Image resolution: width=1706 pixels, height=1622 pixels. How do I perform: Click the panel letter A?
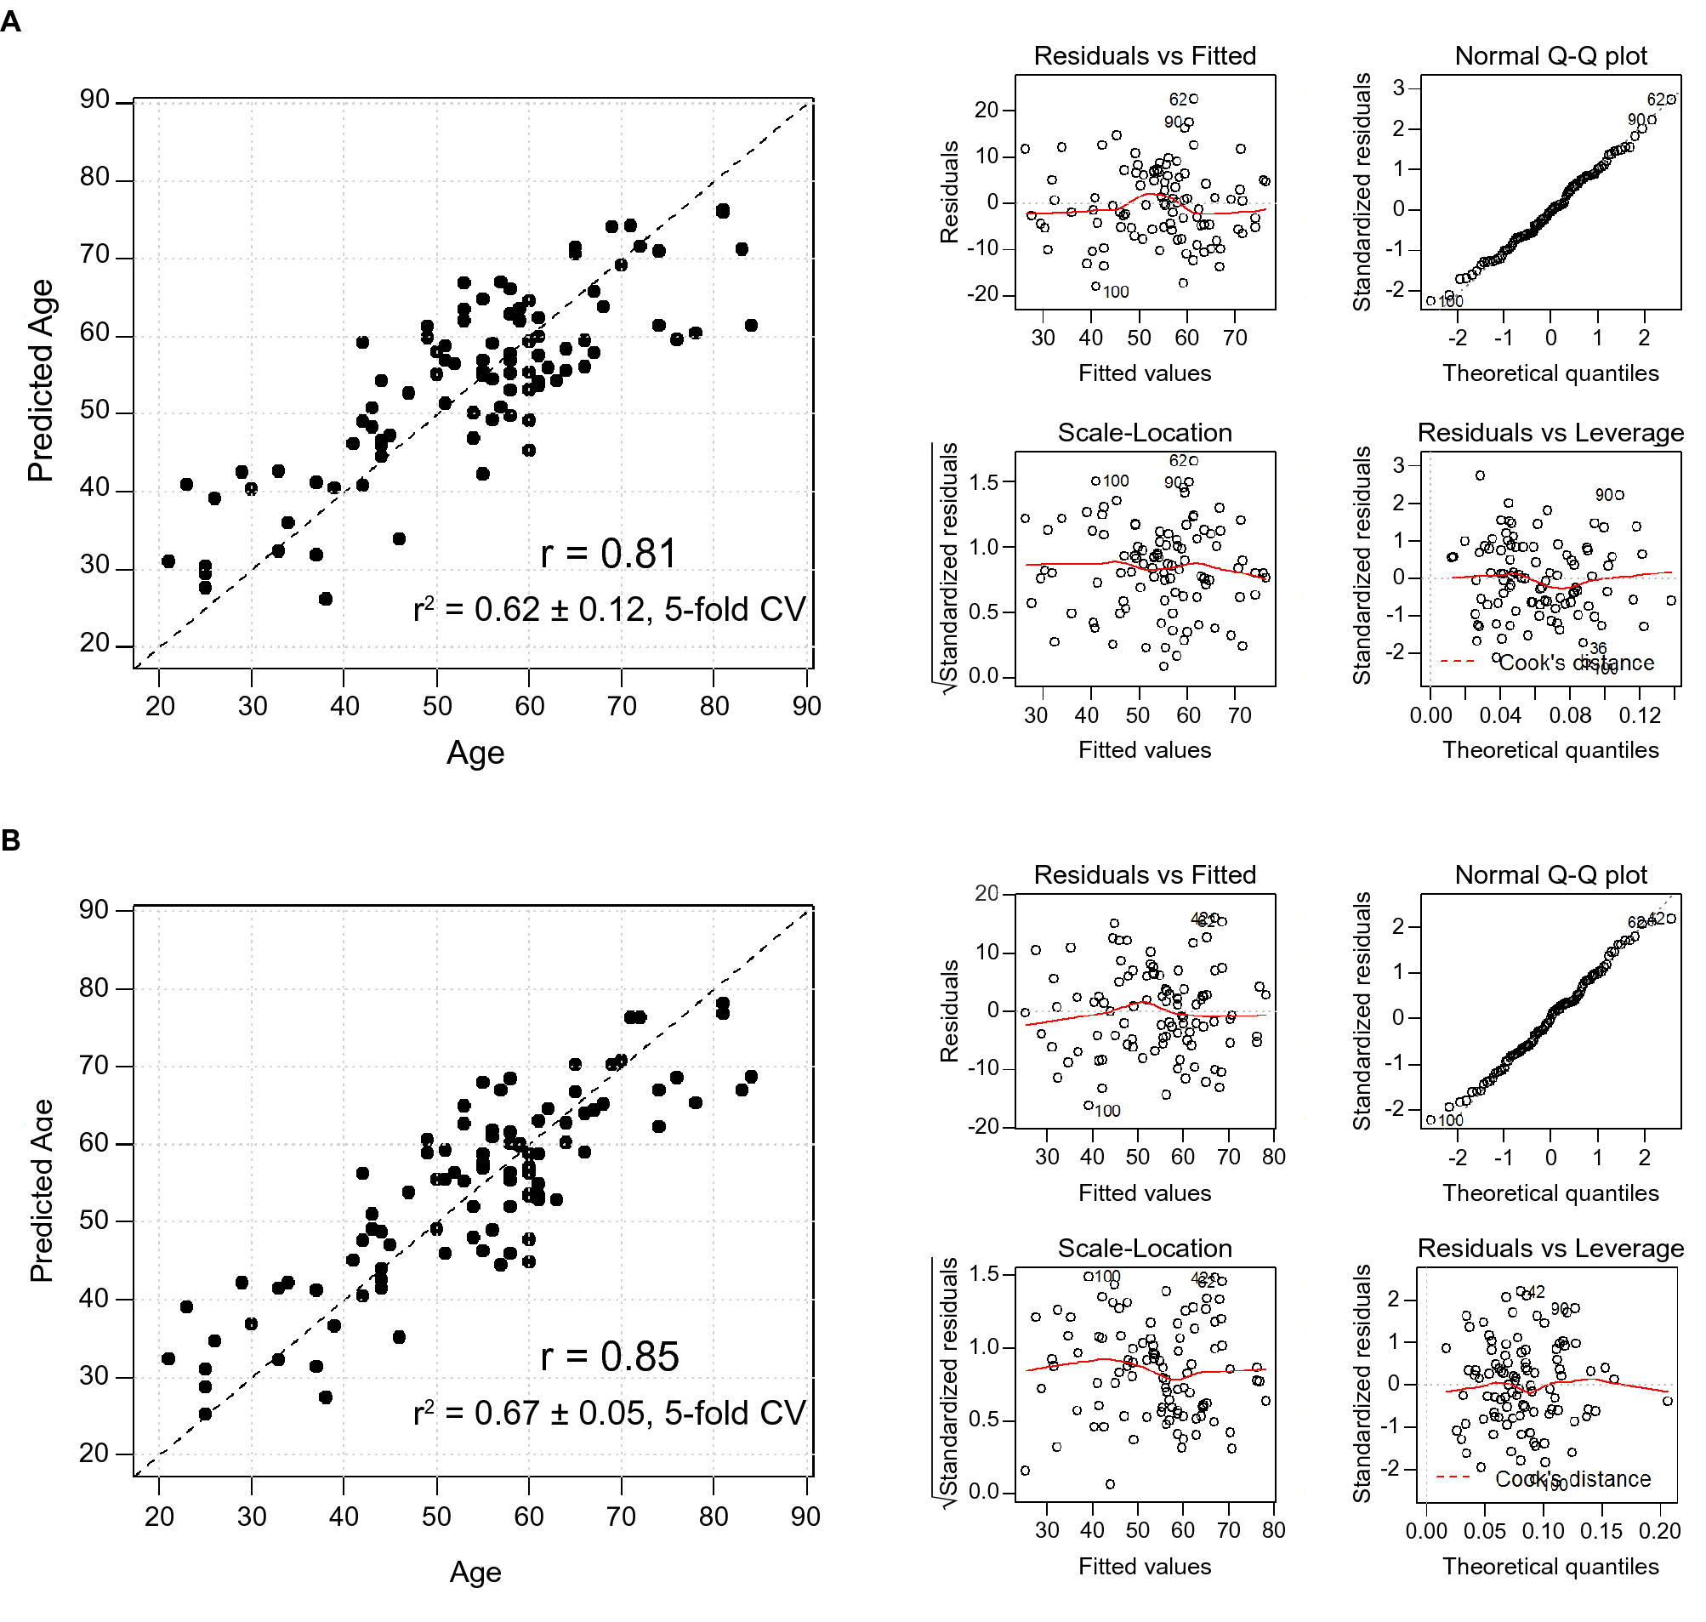tap(10, 20)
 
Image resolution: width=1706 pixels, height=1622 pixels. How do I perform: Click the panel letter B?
tap(10, 840)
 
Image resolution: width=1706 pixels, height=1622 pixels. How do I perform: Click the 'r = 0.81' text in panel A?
tap(608, 555)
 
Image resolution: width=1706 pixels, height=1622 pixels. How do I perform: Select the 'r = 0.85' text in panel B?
tap(609, 1357)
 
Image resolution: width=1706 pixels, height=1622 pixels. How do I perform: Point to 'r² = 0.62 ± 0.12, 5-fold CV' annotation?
tap(609, 611)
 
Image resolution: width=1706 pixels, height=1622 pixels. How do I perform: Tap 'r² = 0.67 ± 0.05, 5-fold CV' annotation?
tap(609, 1414)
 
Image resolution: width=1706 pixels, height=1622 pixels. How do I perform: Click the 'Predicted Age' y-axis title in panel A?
tap(41, 380)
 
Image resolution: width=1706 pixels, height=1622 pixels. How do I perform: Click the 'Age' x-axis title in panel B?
tap(475, 1573)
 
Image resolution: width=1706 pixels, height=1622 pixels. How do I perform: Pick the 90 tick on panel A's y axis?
tap(94, 100)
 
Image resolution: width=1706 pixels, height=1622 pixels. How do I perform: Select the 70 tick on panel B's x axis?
tap(621, 1517)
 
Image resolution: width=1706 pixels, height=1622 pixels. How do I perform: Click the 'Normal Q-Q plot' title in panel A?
tap(1550, 56)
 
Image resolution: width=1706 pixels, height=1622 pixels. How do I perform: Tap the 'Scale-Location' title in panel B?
tap(1145, 1249)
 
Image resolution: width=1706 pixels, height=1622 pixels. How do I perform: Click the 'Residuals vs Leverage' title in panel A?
tap(1550, 433)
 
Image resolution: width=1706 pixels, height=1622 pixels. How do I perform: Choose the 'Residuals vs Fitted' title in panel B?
tap(1145, 875)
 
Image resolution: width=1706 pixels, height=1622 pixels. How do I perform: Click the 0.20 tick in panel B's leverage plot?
tap(1659, 1532)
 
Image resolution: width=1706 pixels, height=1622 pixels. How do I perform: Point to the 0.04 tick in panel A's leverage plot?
tap(1499, 716)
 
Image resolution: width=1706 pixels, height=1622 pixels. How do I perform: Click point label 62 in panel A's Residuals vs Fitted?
tap(1177, 100)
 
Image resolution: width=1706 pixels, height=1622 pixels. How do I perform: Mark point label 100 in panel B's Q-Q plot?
tap(1450, 1121)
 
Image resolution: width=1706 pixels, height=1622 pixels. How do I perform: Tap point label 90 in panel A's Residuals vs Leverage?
tap(1603, 495)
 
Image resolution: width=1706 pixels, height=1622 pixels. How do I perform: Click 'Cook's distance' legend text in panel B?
tap(1572, 1480)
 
